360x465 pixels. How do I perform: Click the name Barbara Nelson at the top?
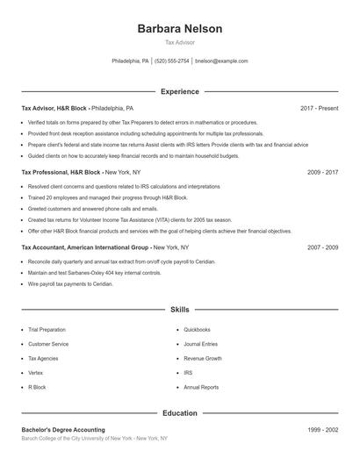pyautogui.click(x=180, y=29)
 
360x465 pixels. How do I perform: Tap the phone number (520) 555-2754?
pyautogui.click(x=172, y=61)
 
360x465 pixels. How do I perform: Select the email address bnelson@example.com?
pyautogui.click(x=221, y=61)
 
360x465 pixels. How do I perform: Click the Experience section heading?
pyautogui.click(x=180, y=91)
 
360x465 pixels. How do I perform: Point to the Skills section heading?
pyautogui.click(x=180, y=310)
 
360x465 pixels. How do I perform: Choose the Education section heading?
pyautogui.click(x=180, y=412)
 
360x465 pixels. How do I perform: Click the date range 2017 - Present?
pyautogui.click(x=319, y=108)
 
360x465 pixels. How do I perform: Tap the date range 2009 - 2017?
pyautogui.click(x=322, y=173)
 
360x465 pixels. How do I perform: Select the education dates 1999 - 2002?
pyautogui.click(x=322, y=430)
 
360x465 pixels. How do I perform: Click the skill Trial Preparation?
pyautogui.click(x=47, y=330)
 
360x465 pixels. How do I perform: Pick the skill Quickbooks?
pyautogui.click(x=197, y=330)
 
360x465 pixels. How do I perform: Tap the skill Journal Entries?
pyautogui.click(x=200, y=344)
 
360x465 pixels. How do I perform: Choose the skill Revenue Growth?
pyautogui.click(x=202, y=359)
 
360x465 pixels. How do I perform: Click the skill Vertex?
pyautogui.click(x=36, y=373)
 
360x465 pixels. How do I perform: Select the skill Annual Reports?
pyautogui.click(x=201, y=387)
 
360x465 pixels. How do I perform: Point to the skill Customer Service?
pyautogui.click(x=48, y=344)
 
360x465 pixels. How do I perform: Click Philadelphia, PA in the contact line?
pyautogui.click(x=131, y=61)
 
